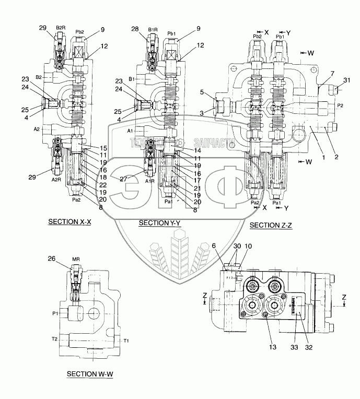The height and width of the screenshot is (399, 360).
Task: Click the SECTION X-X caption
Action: pos(69,221)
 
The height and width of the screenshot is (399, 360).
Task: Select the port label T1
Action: pos(126,341)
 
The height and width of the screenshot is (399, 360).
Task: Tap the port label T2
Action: pos(54,338)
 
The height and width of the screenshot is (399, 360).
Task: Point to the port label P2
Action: pos(340,105)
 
